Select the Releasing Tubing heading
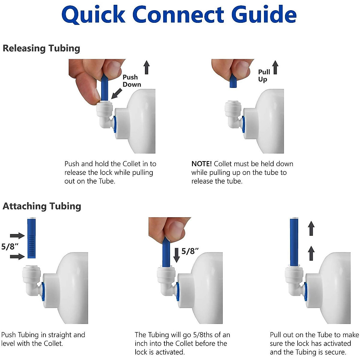tap(41, 48)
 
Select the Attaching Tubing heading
tap(42, 206)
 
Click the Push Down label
tap(131, 81)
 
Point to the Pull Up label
tap(264, 76)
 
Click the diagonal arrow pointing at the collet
tap(116, 93)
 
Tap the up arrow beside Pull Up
tap(275, 67)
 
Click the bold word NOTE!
tap(201, 164)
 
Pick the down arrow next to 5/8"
tap(177, 255)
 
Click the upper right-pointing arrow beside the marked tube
tap(17, 235)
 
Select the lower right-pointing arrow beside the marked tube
tap(17, 256)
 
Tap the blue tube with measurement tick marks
tap(32, 238)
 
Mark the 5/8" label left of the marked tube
tap(10, 246)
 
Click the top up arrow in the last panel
tap(311, 228)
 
